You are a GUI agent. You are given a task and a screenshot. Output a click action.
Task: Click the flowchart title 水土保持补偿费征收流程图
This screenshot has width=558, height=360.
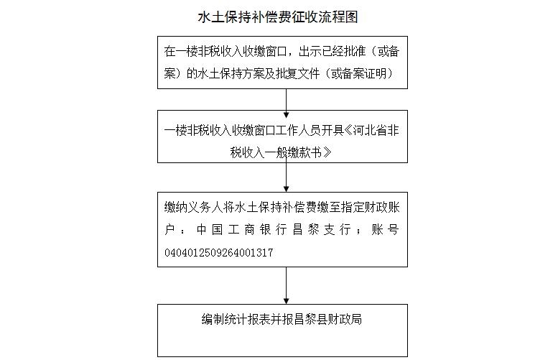[x=278, y=17]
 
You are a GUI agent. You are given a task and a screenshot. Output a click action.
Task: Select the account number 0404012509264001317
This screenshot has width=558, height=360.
[x=219, y=252]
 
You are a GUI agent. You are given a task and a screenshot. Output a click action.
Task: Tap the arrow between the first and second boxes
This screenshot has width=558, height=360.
[x=286, y=103]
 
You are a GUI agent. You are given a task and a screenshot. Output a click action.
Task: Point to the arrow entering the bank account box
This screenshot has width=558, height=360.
[x=286, y=174]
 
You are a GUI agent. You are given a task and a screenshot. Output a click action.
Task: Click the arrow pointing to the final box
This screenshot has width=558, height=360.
[x=286, y=285]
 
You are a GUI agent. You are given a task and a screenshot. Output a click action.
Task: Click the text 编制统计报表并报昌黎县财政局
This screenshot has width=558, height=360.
[x=282, y=319]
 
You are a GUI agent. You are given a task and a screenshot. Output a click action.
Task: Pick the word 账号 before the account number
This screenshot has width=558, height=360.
[x=385, y=229]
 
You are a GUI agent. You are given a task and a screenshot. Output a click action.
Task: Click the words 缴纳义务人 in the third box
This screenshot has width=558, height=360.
[x=193, y=207]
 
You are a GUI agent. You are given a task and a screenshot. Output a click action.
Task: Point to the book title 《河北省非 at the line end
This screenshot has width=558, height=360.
[x=371, y=131]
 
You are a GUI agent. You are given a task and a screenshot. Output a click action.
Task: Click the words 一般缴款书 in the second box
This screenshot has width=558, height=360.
[x=292, y=153]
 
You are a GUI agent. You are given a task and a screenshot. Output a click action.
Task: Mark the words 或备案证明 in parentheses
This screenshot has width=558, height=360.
[x=359, y=74]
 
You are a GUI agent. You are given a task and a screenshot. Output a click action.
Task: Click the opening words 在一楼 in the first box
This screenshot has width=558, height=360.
[x=181, y=52]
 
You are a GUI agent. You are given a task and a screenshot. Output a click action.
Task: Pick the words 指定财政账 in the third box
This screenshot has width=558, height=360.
[x=371, y=207]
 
